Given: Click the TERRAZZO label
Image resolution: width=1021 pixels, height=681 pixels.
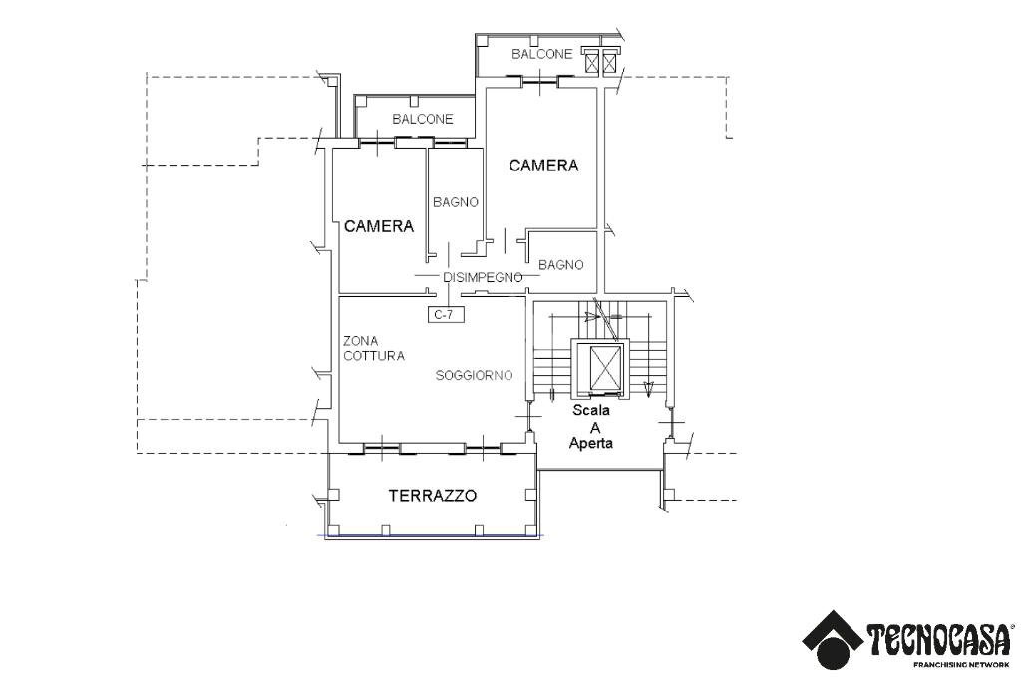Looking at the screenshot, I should pyautogui.click(x=433, y=495).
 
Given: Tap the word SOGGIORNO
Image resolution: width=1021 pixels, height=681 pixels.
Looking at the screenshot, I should pyautogui.click(x=474, y=375).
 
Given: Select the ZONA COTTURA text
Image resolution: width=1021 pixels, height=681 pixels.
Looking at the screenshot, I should pyautogui.click(x=373, y=348).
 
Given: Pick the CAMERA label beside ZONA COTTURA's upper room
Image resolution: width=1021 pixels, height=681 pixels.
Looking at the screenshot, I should pyautogui.click(x=379, y=226).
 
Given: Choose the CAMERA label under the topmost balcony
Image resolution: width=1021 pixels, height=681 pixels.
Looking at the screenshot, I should pyautogui.click(x=543, y=166).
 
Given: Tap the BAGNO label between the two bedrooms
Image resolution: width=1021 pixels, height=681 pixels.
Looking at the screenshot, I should pyautogui.click(x=455, y=202).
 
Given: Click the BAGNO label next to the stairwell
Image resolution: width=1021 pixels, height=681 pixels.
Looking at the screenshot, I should pyautogui.click(x=560, y=264).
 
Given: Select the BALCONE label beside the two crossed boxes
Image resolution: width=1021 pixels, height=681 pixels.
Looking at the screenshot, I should pyautogui.click(x=542, y=54).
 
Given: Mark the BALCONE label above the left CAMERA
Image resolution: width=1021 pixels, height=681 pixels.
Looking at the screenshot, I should pyautogui.click(x=422, y=119).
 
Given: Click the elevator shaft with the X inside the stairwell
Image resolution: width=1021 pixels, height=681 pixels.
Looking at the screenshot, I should pyautogui.click(x=604, y=368).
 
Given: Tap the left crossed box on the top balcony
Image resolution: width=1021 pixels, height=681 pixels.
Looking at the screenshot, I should pyautogui.click(x=592, y=62).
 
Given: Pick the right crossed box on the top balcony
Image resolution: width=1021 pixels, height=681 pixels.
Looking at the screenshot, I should pyautogui.click(x=610, y=62).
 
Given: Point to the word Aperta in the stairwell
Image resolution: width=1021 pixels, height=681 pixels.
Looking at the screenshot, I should pyautogui.click(x=591, y=443).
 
